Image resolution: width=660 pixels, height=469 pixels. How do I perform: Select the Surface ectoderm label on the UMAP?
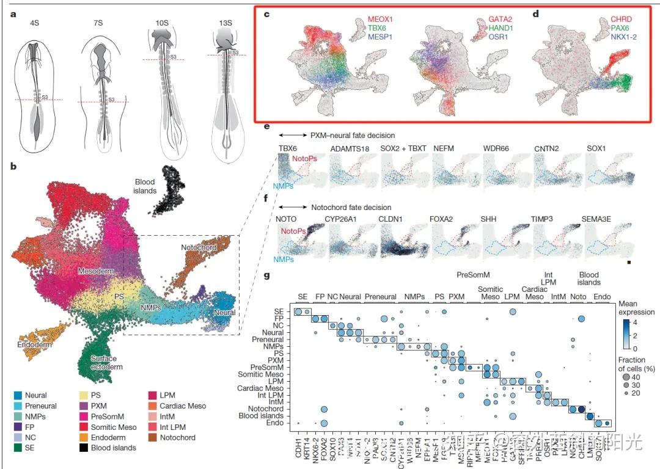103,363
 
